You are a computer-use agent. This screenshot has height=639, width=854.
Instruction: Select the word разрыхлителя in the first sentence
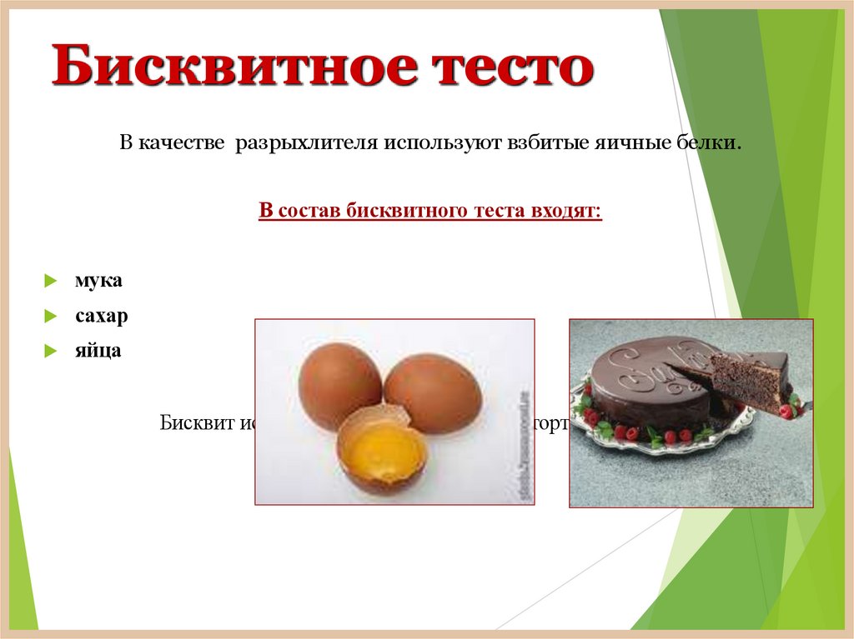[305, 144]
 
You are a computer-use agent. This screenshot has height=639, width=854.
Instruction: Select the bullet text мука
[98, 281]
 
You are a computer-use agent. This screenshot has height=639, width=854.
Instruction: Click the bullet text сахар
[102, 317]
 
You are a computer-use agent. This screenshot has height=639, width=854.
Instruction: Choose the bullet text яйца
[98, 351]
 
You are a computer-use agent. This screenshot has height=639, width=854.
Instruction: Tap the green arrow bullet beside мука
[51, 282]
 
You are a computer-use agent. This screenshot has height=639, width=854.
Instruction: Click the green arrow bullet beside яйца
[51, 352]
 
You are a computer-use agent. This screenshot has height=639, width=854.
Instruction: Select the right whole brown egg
[432, 392]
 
